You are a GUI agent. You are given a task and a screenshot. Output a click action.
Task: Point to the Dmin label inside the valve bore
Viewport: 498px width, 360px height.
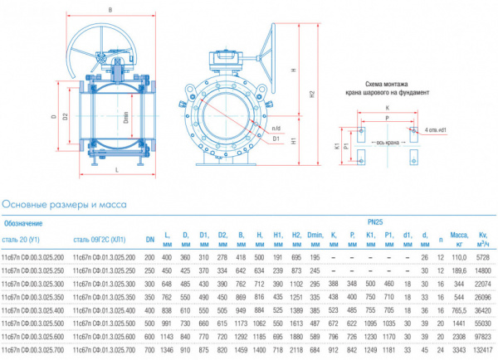(124, 118)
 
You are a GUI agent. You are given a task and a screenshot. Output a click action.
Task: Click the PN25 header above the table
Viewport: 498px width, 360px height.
(376, 221)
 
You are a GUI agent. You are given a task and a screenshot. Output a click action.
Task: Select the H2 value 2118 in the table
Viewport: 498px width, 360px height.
(295, 350)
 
